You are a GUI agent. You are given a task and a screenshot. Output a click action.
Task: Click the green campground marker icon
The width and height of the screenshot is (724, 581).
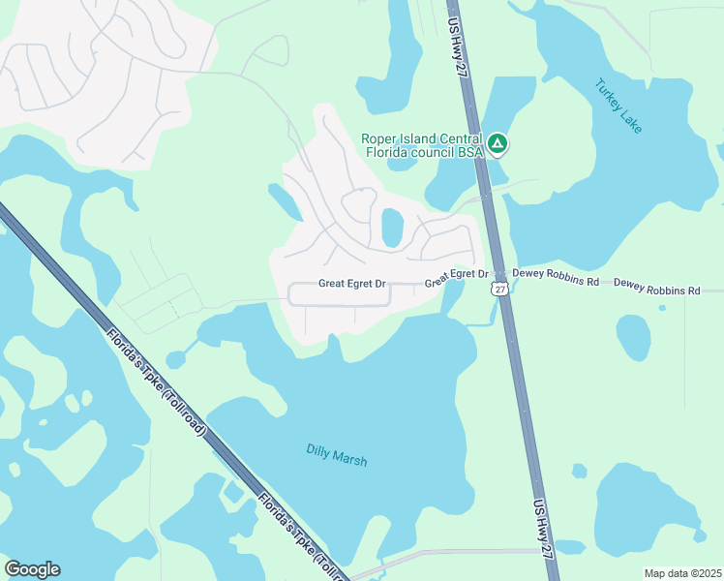click(x=497, y=145)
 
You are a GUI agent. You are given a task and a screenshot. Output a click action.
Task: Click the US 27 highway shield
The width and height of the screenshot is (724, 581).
click(x=499, y=289)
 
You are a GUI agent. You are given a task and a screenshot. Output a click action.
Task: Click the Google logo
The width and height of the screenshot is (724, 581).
click(x=32, y=568)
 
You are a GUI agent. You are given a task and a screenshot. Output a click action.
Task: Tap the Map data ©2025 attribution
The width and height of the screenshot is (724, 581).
click(x=682, y=573)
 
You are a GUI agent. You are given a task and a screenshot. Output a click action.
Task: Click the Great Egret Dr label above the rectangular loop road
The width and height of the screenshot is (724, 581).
click(x=352, y=285)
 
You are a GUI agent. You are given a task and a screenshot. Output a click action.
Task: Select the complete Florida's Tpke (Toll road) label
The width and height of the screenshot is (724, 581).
click(x=157, y=382)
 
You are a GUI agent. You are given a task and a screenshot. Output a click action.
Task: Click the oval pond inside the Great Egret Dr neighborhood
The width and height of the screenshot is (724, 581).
click(x=392, y=229)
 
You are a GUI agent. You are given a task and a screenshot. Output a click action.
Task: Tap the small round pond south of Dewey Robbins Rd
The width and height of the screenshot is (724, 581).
click(x=634, y=336)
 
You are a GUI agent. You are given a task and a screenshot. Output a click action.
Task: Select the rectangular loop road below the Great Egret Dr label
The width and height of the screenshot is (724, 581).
click(x=339, y=305)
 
